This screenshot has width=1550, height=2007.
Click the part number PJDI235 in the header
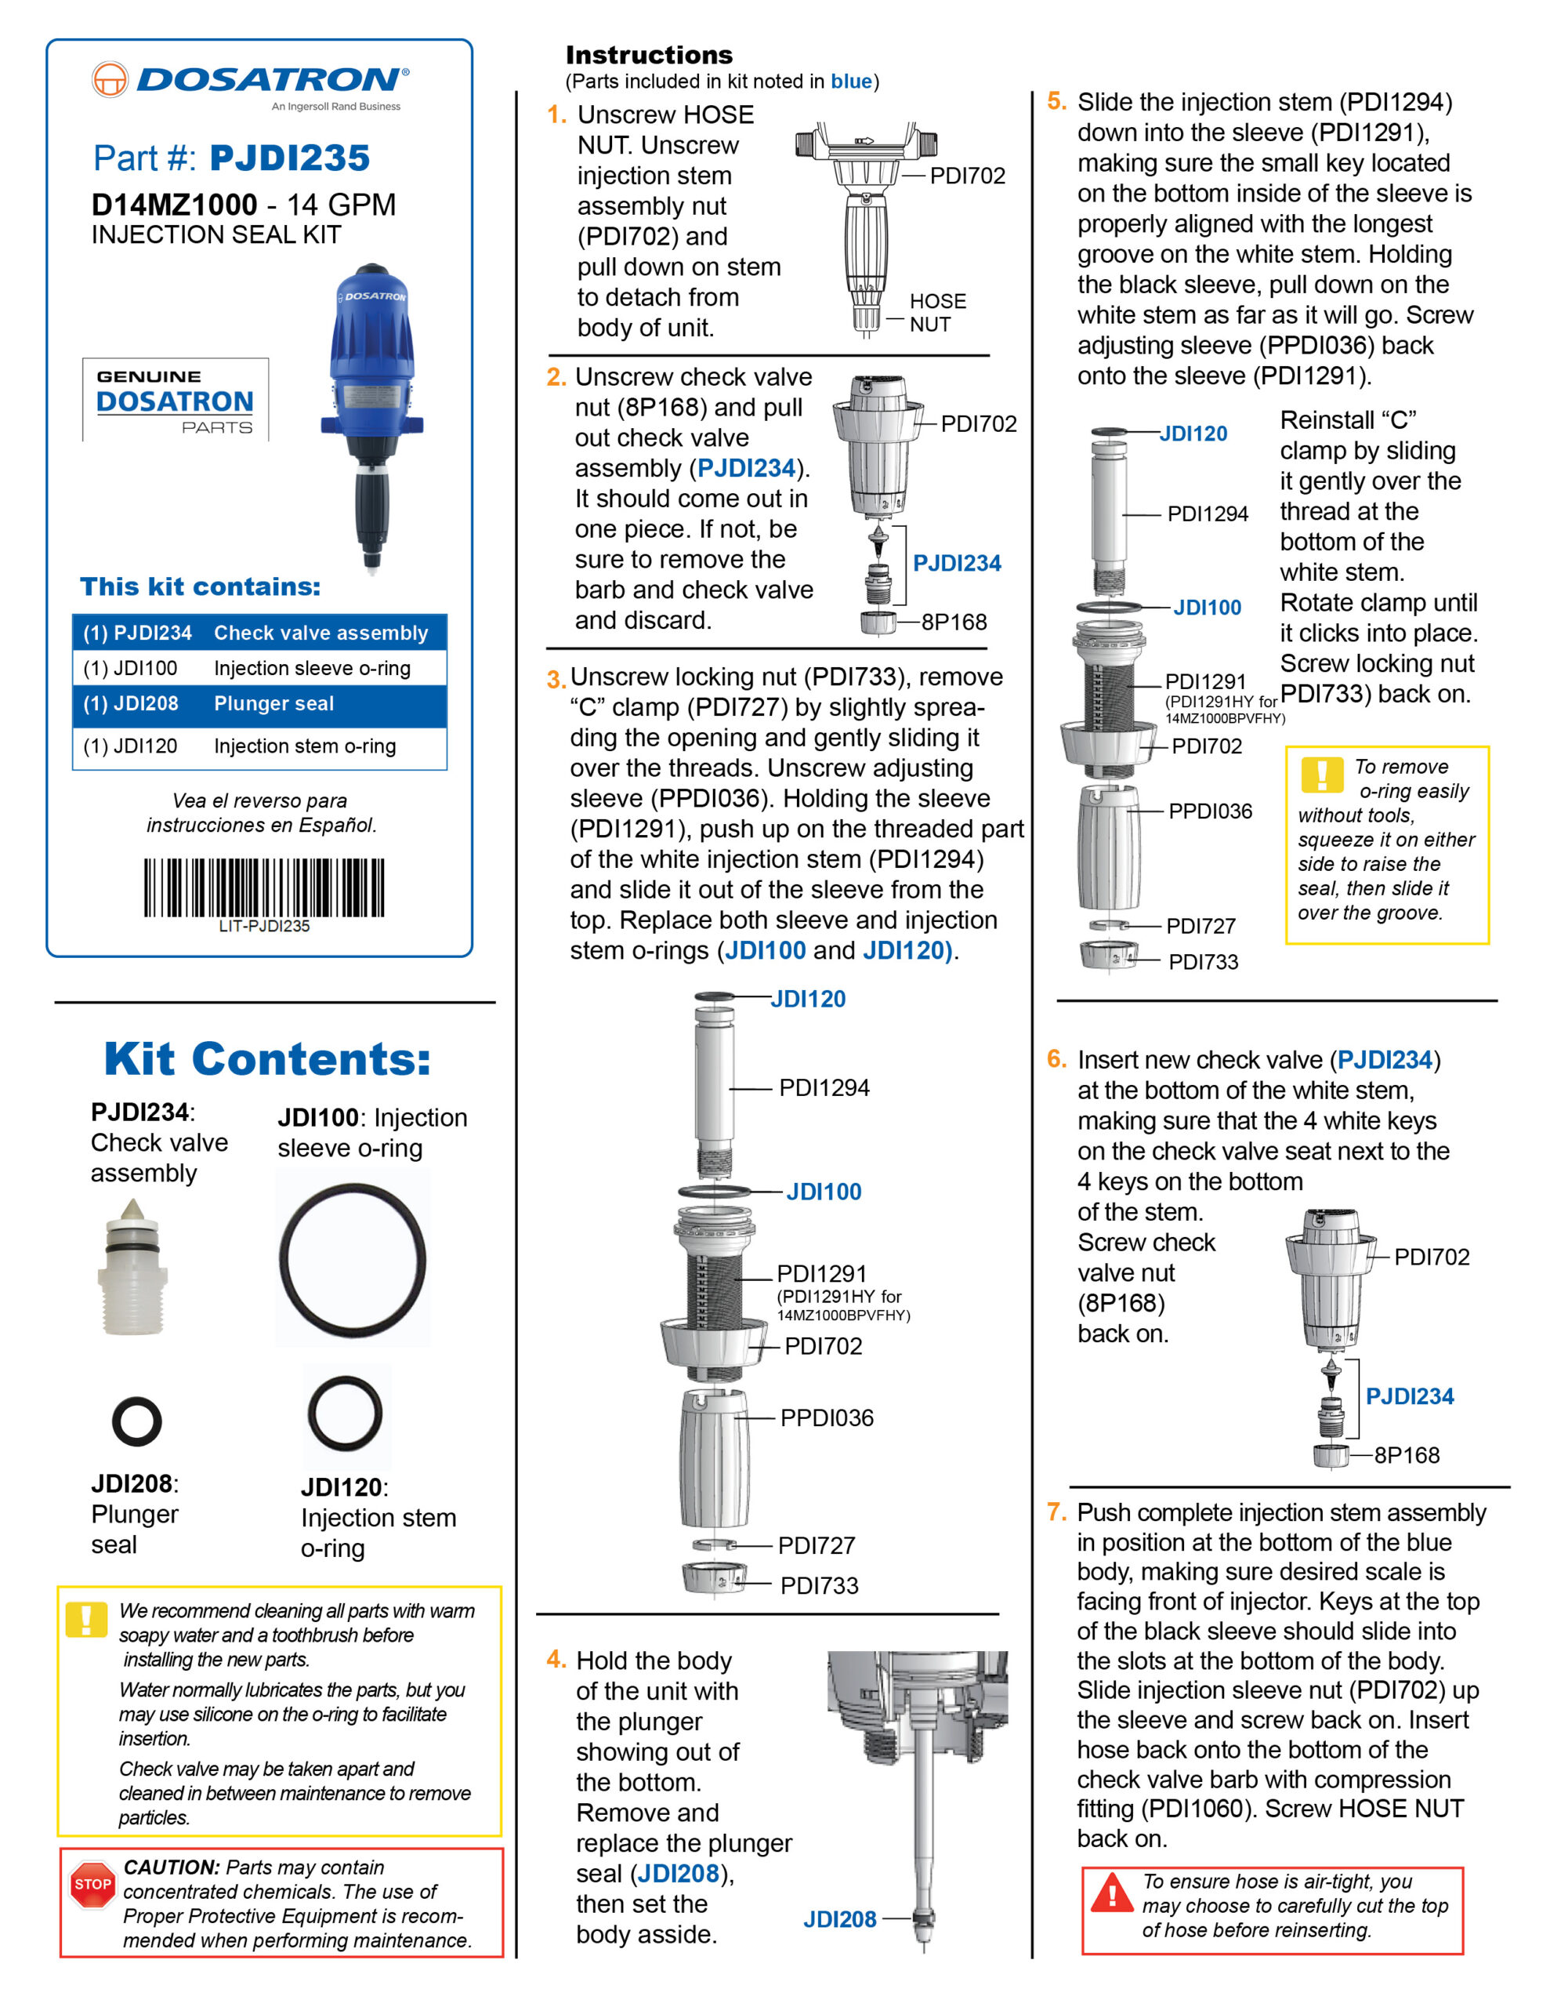click(x=289, y=158)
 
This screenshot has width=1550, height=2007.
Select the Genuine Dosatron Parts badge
click(x=176, y=401)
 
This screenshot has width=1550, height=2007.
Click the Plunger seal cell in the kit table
click(x=273, y=704)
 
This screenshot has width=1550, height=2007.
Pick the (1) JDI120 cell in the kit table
click(x=130, y=746)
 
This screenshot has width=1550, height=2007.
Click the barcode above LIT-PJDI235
click(x=264, y=887)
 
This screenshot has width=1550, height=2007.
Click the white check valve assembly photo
click(x=133, y=1265)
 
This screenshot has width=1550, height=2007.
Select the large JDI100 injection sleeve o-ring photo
click(x=353, y=1258)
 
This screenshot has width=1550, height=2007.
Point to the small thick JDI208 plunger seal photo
click(x=137, y=1421)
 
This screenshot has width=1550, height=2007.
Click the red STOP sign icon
click(x=92, y=1885)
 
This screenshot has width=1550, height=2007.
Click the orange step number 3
click(x=556, y=680)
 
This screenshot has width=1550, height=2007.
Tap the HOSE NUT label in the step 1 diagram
click(x=937, y=313)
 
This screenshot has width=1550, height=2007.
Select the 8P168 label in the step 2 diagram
click(x=954, y=622)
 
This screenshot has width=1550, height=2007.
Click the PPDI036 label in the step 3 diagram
click(x=826, y=1418)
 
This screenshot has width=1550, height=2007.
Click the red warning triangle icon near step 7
click(x=1112, y=1893)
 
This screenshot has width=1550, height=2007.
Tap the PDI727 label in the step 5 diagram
click(x=1200, y=927)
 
